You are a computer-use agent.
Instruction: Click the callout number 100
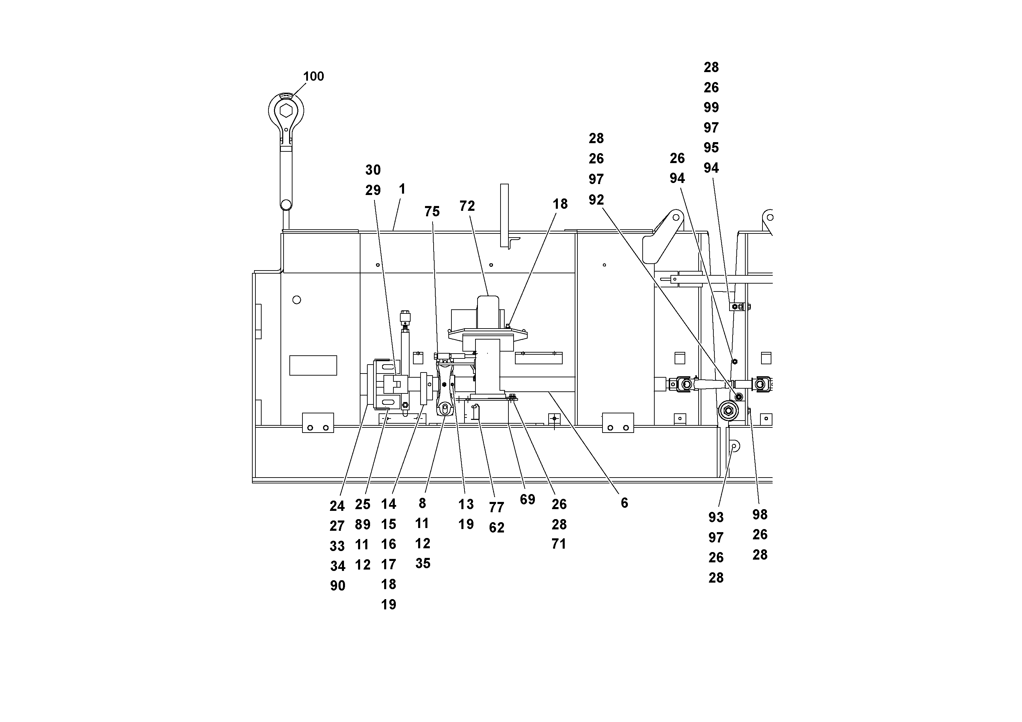point(313,77)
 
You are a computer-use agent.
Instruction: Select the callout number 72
point(467,206)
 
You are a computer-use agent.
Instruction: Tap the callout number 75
point(432,211)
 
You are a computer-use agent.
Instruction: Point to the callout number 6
point(624,503)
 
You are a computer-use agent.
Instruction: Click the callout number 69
point(527,500)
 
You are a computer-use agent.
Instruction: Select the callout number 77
point(496,507)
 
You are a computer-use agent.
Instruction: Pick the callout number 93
point(716,517)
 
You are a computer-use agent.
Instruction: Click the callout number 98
point(760,515)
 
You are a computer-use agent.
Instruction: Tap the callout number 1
point(402,189)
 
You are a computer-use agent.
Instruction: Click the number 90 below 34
point(337,586)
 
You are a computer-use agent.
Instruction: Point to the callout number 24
point(337,506)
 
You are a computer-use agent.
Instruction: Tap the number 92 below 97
point(596,200)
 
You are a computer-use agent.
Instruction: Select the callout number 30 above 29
point(373,170)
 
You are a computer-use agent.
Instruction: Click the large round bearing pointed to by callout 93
point(728,410)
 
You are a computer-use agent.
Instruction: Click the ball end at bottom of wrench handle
point(286,205)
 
